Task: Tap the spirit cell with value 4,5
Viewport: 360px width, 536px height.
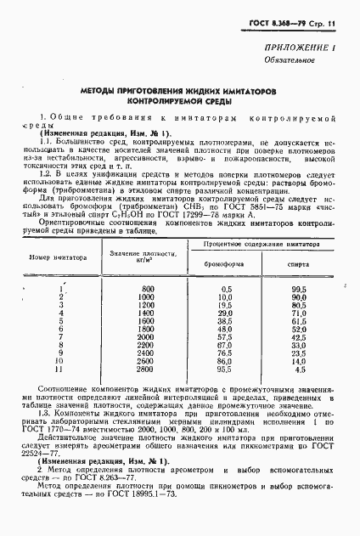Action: [299, 370]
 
